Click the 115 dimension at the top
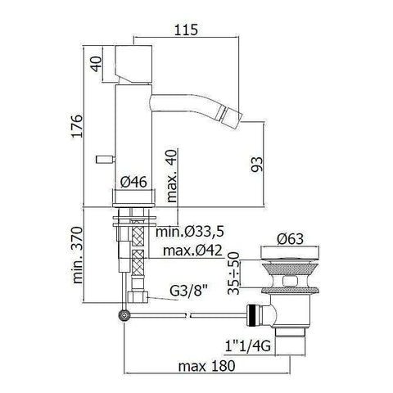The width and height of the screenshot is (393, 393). pos(186,29)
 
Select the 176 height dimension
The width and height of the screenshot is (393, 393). pos(77,126)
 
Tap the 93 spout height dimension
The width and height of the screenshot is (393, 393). pos(257,164)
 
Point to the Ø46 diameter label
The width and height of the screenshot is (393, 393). pos(133,182)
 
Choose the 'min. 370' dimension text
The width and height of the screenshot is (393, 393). pos(78,255)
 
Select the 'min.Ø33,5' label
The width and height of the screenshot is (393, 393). pos(190,232)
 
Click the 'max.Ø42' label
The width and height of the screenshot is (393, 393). pos(192,251)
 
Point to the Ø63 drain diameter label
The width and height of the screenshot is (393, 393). pos(290,239)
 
